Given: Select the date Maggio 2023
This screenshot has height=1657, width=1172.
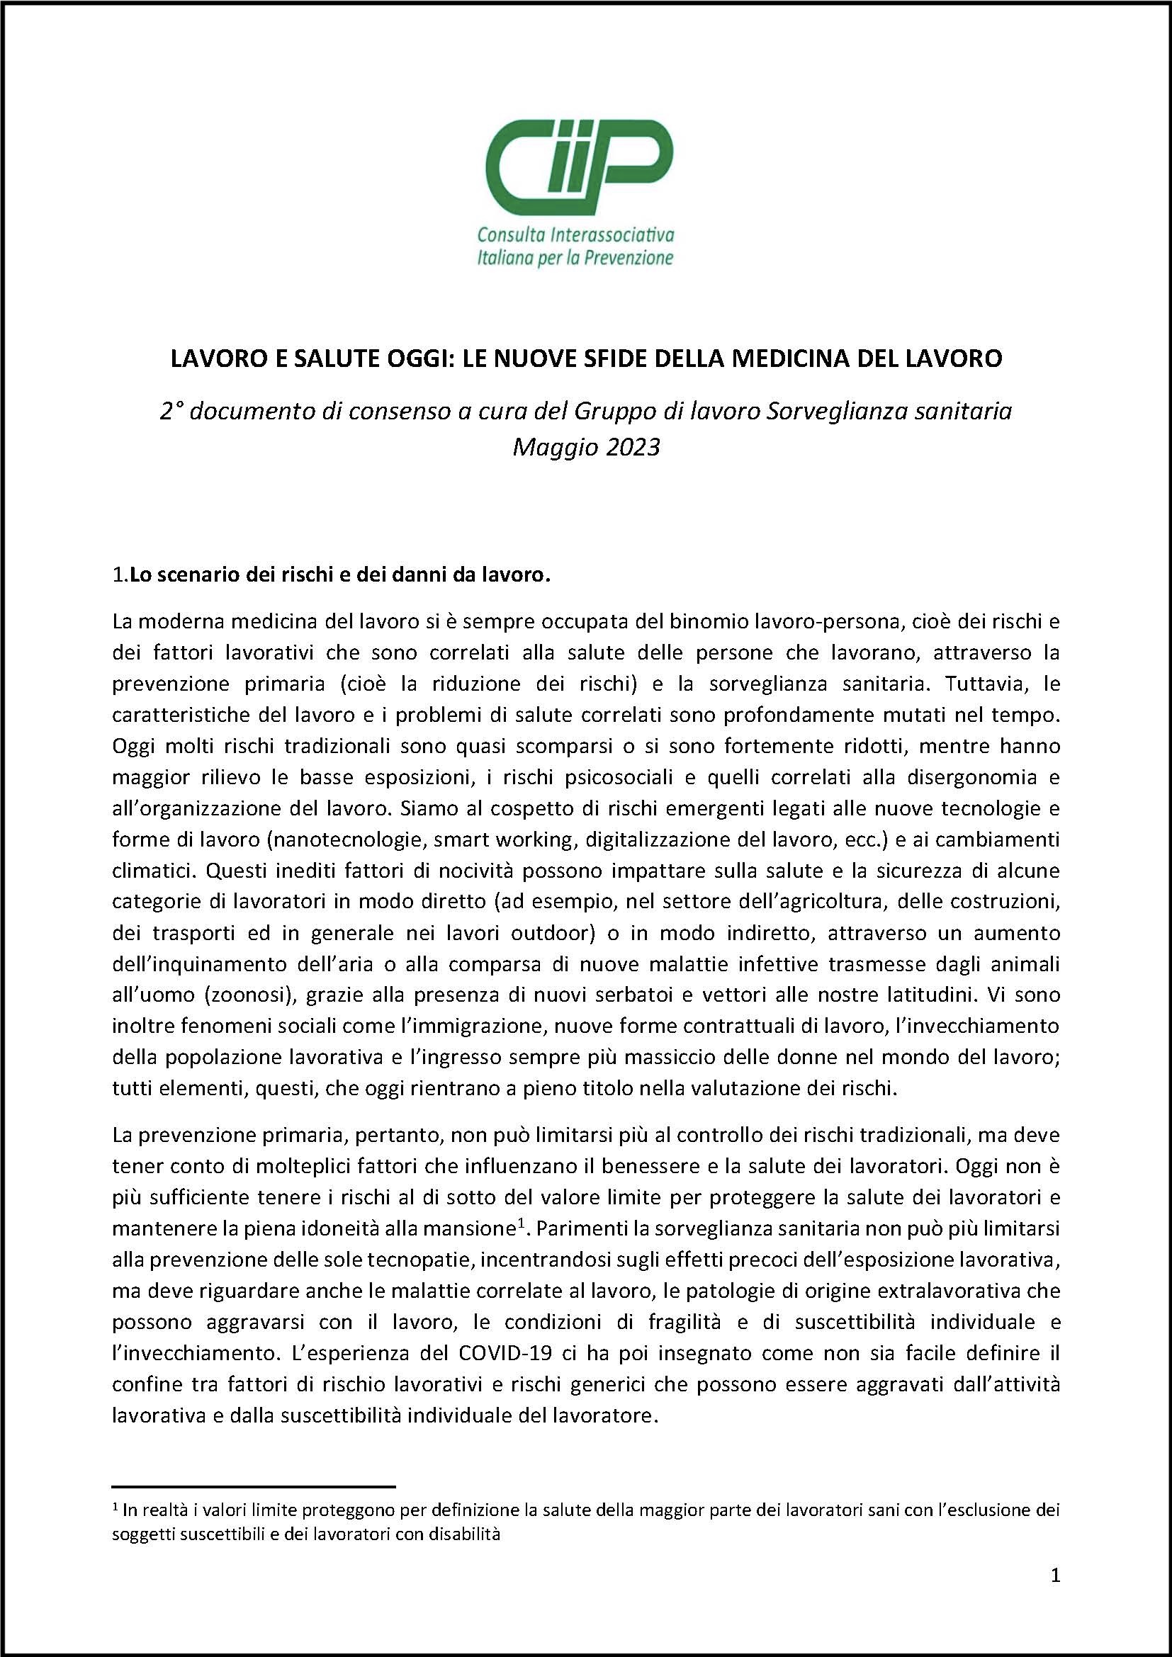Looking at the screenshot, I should point(585,448).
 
